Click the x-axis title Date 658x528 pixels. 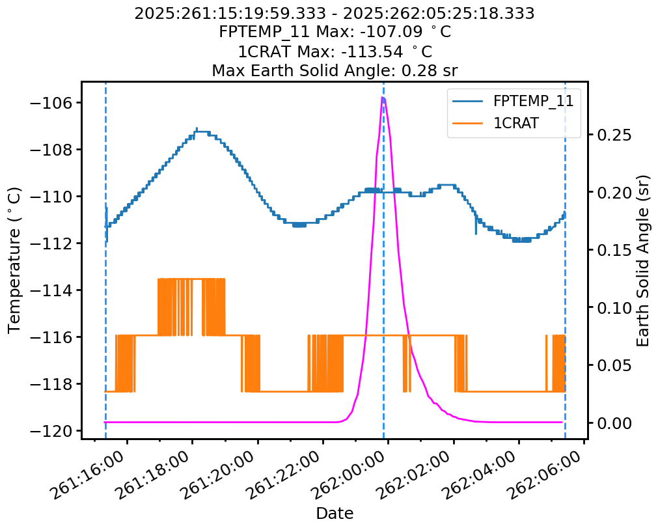[335, 513]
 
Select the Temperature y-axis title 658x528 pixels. [15, 260]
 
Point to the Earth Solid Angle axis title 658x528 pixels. [644, 260]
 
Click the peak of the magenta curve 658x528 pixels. [383, 97]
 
